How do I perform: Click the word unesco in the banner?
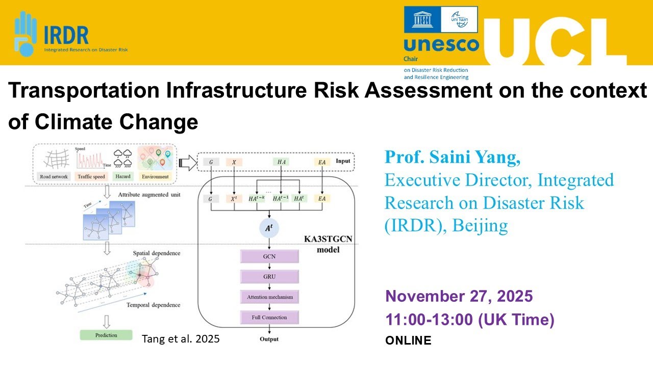(x=441, y=45)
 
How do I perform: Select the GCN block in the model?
(x=269, y=256)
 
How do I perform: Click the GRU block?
(x=269, y=277)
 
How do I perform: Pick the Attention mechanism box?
(x=269, y=297)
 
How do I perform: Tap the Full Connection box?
(x=269, y=317)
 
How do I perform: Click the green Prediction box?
(x=106, y=335)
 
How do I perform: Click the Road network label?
(x=54, y=176)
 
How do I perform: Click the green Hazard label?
(x=123, y=176)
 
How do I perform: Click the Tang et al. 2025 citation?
(x=181, y=338)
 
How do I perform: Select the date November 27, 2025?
(x=459, y=296)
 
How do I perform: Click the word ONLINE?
(x=408, y=340)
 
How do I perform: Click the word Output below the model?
(x=269, y=339)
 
